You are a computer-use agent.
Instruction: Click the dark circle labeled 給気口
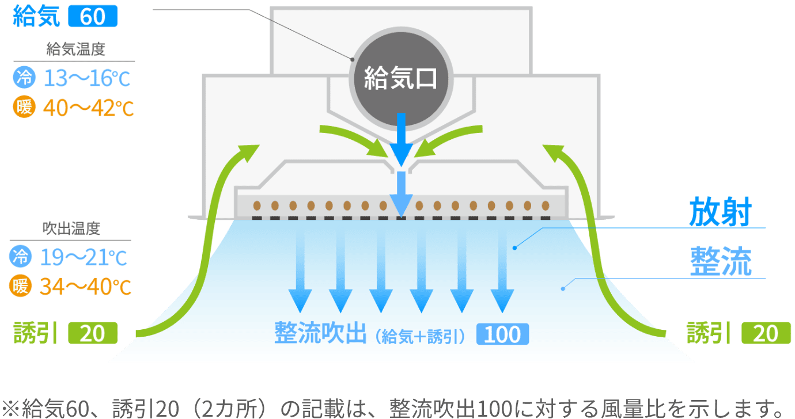pyautogui.click(x=401, y=78)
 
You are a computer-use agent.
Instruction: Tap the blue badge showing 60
pyautogui.click(x=93, y=16)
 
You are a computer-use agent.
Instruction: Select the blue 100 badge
pyautogui.click(x=502, y=334)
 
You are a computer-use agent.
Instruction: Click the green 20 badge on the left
pyautogui.click(x=93, y=333)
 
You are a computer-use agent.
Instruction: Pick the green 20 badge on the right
pyautogui.click(x=766, y=333)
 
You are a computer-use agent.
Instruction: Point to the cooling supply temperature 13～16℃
pyautogui.click(x=87, y=78)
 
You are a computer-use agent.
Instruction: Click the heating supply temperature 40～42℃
pyautogui.click(x=88, y=108)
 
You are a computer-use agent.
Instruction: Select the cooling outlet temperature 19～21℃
pyautogui.click(x=84, y=257)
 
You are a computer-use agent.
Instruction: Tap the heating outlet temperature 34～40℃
pyautogui.click(x=85, y=287)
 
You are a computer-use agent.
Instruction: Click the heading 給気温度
pyautogui.click(x=75, y=49)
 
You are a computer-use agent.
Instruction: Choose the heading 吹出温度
pyautogui.click(x=71, y=228)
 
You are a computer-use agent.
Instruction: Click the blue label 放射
pyautogui.click(x=721, y=212)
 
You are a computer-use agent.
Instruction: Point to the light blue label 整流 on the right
pyautogui.click(x=721, y=261)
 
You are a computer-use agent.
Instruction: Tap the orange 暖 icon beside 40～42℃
pyautogui.click(x=24, y=106)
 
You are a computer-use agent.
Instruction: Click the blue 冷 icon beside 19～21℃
pyautogui.click(x=21, y=256)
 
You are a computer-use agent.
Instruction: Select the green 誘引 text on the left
pyautogui.click(x=35, y=333)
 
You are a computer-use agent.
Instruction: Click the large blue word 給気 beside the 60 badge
pyautogui.click(x=36, y=16)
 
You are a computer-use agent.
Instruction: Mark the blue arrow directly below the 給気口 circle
pyautogui.click(x=401, y=140)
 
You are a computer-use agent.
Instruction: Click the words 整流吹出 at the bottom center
pyautogui.click(x=320, y=333)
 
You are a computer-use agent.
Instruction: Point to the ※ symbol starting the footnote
pyautogui.click(x=10, y=409)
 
